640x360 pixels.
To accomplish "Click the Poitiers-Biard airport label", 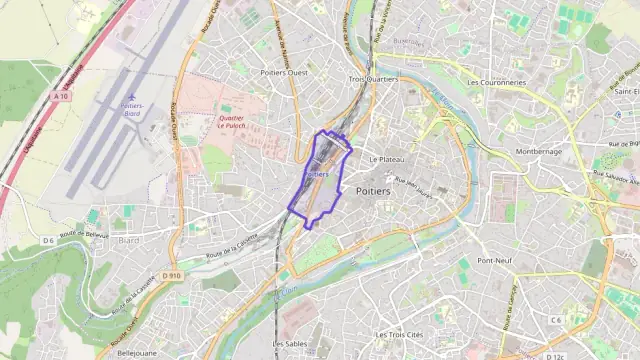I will tap(131, 109).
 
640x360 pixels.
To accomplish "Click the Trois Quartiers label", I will tap(374, 78).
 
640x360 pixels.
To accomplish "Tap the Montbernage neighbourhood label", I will tap(539, 151).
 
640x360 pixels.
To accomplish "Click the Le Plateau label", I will tap(386, 159).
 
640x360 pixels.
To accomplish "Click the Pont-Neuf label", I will tap(494, 260).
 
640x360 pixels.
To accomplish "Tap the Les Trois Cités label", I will tap(399, 334).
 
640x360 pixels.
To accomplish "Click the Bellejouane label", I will tap(138, 353).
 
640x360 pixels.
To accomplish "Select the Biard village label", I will tap(129, 240).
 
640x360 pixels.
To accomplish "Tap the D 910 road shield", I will tap(171, 275).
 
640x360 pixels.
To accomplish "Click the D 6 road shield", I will tap(48, 241).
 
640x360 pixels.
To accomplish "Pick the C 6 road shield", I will tap(555, 319).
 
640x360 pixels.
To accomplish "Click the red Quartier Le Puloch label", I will tap(231, 122).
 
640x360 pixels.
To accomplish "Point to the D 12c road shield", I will tap(556, 356).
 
